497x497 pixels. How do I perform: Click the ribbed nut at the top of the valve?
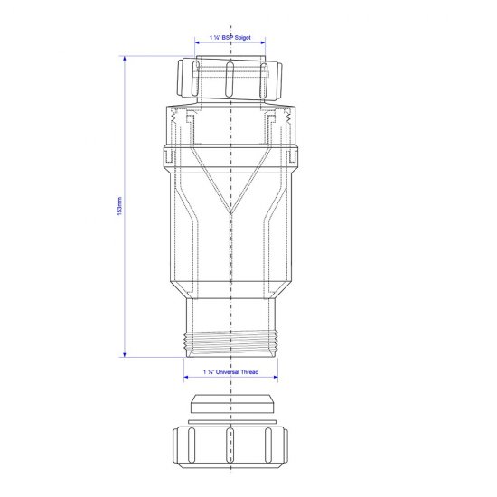tap(232, 78)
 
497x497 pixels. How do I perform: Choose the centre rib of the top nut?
tap(232, 78)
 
